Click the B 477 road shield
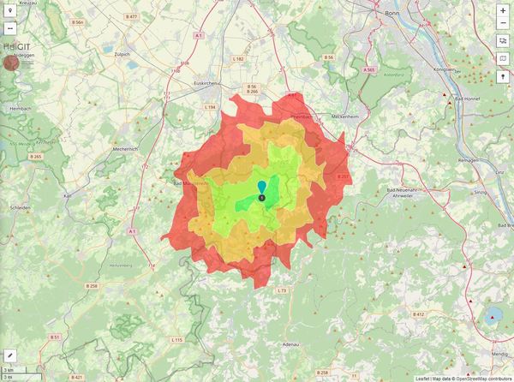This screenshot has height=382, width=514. click(131, 16)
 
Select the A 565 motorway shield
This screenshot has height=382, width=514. click(368, 69)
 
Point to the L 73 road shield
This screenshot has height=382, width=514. click(281, 291)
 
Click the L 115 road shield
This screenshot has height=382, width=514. click(176, 340)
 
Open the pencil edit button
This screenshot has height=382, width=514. click(10, 355)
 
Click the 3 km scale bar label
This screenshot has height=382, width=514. click(9, 369)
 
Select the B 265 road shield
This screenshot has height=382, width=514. click(35, 157)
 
